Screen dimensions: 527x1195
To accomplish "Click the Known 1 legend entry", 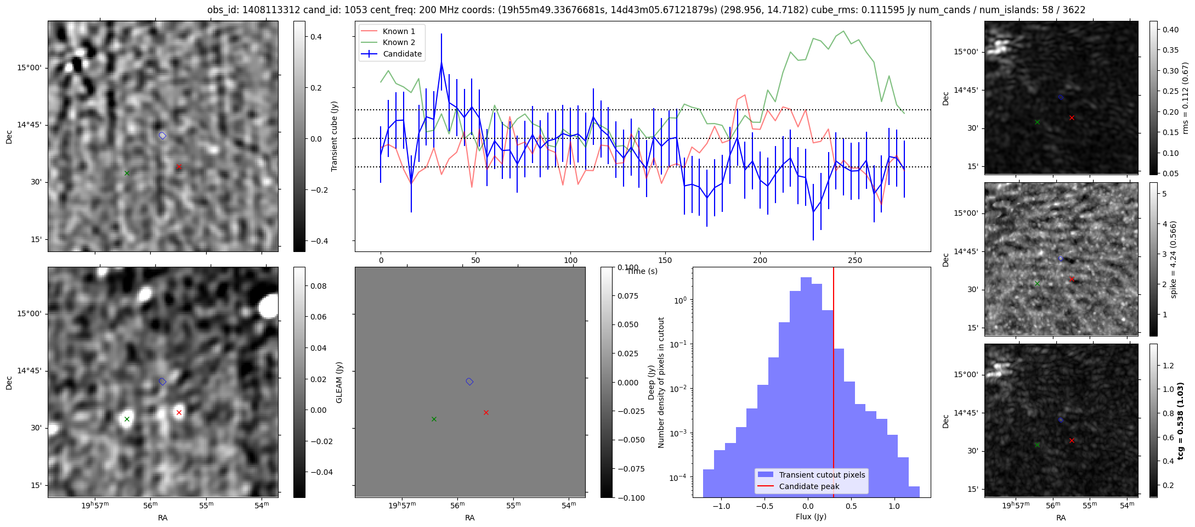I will [x=398, y=31].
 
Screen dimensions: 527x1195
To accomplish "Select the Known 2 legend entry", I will [x=398, y=42].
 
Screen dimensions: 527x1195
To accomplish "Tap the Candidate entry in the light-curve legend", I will [x=402, y=54].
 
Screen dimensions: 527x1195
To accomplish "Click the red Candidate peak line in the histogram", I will [x=834, y=384].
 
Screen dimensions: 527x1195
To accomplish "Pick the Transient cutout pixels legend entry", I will [x=822, y=475].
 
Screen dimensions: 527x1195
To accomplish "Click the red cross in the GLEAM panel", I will [x=179, y=412].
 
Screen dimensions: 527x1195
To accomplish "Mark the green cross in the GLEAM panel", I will [x=127, y=419].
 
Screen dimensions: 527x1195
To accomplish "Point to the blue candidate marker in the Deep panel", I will [x=469, y=382].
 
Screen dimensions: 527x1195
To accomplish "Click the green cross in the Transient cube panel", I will [x=127, y=173].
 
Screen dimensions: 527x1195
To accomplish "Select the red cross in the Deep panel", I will [x=486, y=412].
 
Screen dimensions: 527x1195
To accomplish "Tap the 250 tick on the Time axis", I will [x=855, y=260].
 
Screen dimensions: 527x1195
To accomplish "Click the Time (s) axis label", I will [x=642, y=271].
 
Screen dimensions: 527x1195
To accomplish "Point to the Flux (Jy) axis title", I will [x=811, y=517].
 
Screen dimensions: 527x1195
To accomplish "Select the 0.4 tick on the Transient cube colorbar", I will [x=316, y=37].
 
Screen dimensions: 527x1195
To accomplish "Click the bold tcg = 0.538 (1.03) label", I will [x=1180, y=421].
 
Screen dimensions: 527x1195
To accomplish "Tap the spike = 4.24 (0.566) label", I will [x=1174, y=259].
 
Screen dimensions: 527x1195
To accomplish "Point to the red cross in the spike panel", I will [x=1072, y=279].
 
